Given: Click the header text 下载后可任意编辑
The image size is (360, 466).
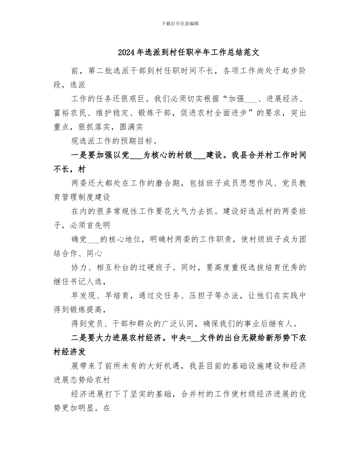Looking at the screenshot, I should click(x=180, y=23).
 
